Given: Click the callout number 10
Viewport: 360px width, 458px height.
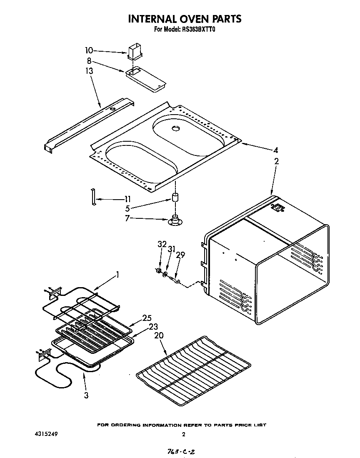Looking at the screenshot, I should pyautogui.click(x=89, y=50).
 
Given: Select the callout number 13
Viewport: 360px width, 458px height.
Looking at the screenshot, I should pyautogui.click(x=89, y=71).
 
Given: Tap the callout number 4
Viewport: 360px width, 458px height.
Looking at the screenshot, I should pyautogui.click(x=275, y=150).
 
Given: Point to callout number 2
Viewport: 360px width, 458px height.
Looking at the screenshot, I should pyautogui.click(x=277, y=161).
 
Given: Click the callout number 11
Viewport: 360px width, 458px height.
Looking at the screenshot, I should pyautogui.click(x=127, y=199).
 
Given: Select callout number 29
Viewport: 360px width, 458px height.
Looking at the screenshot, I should pyautogui.click(x=180, y=255).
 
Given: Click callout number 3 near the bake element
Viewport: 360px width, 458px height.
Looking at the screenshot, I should pyautogui.click(x=86, y=395).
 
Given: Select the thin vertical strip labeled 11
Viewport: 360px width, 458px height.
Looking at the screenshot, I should pyautogui.click(x=93, y=197).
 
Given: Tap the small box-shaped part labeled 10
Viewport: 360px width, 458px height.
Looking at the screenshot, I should pyautogui.click(x=136, y=53).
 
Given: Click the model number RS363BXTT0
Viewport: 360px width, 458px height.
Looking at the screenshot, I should pyautogui.click(x=198, y=30).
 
